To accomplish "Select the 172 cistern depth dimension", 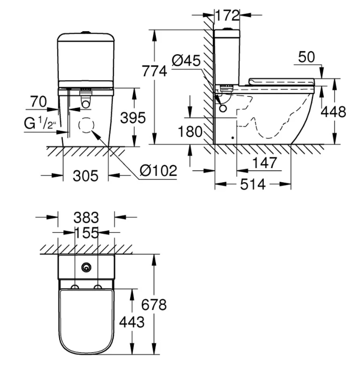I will tap(227, 15).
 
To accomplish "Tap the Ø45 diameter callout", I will tap(186, 61).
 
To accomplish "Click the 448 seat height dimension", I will tap(333, 112).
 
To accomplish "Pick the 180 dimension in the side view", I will tap(190, 131).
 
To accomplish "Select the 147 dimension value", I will tap(263, 163).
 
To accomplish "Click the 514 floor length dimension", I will tap(253, 184).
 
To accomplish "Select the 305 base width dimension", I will tap(85, 175).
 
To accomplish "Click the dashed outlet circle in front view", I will tap(86, 126).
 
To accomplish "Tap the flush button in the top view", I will tap(86, 267).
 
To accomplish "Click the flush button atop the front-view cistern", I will tap(86, 32).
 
